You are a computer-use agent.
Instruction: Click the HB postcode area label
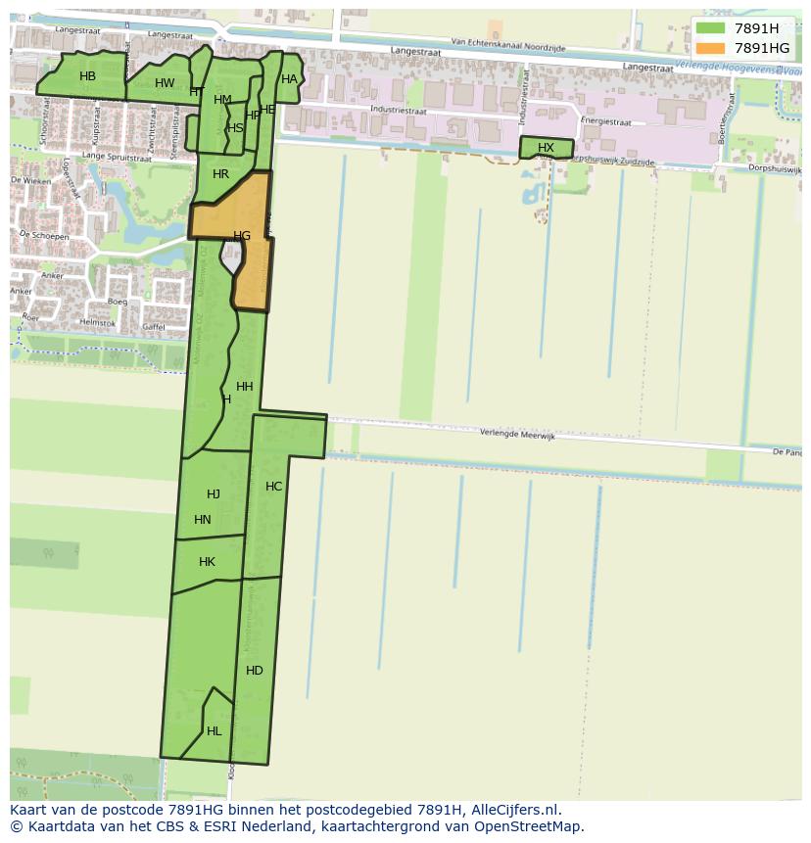(x=87, y=76)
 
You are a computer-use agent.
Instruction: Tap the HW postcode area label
(x=165, y=83)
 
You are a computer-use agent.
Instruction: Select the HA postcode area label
(x=289, y=79)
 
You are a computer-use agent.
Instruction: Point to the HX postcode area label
(x=546, y=148)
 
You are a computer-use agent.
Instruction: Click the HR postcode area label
(x=220, y=174)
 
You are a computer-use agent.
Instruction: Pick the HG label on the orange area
(x=242, y=236)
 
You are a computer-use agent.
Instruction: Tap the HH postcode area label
(x=245, y=387)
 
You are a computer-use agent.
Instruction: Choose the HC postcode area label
(x=273, y=487)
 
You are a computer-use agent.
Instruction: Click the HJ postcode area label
(x=214, y=494)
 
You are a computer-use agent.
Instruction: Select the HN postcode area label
(x=203, y=520)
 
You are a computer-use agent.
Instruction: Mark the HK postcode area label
(x=207, y=562)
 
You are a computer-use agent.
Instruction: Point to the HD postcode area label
(x=255, y=671)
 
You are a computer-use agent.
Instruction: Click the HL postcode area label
(x=214, y=731)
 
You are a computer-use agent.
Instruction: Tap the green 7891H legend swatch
(x=710, y=28)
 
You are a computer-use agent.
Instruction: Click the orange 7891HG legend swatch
(x=710, y=48)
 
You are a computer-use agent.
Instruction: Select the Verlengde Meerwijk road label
(x=517, y=436)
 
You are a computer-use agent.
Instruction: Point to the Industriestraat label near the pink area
(x=400, y=111)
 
